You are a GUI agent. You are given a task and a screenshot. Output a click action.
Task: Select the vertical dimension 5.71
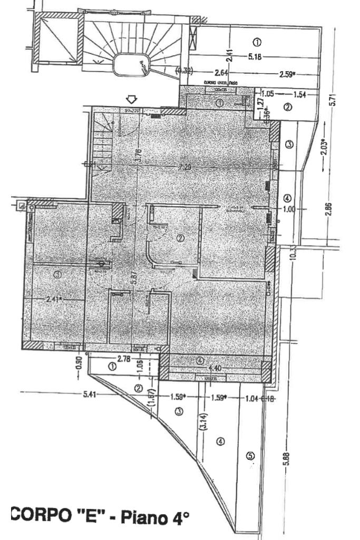pyautogui.click(x=333, y=99)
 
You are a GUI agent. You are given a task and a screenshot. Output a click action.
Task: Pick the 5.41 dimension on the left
pyautogui.click(x=90, y=395)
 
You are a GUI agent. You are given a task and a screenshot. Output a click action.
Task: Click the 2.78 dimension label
pyautogui.click(x=124, y=359)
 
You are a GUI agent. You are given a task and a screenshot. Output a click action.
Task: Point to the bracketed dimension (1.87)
pyautogui.click(x=151, y=396)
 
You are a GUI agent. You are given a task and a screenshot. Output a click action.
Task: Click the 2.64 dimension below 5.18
pyautogui.click(x=221, y=72)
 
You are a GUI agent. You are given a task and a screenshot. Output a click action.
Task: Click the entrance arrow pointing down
pyautogui.click(x=132, y=99)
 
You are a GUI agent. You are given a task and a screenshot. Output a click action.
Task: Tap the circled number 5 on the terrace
pyautogui.click(x=250, y=455)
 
